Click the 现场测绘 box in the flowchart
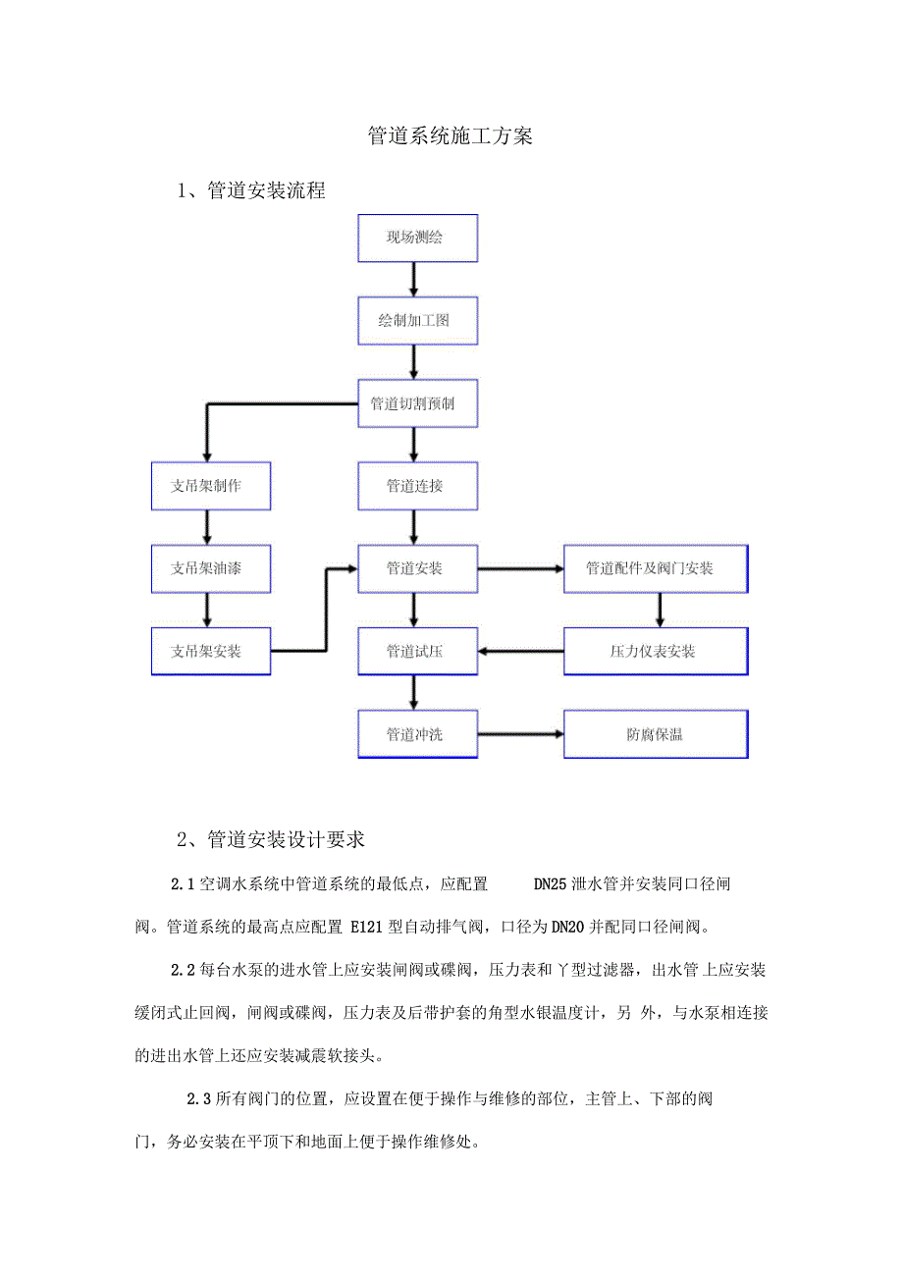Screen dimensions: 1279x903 point(417,239)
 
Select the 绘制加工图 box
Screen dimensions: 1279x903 point(417,321)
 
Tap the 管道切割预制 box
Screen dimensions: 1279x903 point(417,403)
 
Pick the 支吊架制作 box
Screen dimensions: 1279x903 point(210,486)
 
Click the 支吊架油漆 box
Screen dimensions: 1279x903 point(210,568)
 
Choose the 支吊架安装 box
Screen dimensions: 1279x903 point(210,651)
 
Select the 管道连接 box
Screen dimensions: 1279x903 point(417,486)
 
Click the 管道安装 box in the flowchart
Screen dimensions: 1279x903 point(417,568)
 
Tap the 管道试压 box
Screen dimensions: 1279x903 point(417,651)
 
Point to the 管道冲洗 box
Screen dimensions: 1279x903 point(417,734)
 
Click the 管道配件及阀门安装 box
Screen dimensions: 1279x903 point(655,568)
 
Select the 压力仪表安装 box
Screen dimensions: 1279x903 point(655,651)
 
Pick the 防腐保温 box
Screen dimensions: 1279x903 point(655,734)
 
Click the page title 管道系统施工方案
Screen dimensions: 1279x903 point(451,136)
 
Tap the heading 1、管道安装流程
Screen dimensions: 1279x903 point(251,191)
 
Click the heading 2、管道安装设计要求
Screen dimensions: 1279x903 point(271,840)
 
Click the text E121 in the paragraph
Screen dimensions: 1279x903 point(360,926)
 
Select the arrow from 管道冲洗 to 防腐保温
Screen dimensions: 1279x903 point(521,734)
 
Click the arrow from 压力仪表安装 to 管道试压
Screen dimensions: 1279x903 point(521,651)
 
